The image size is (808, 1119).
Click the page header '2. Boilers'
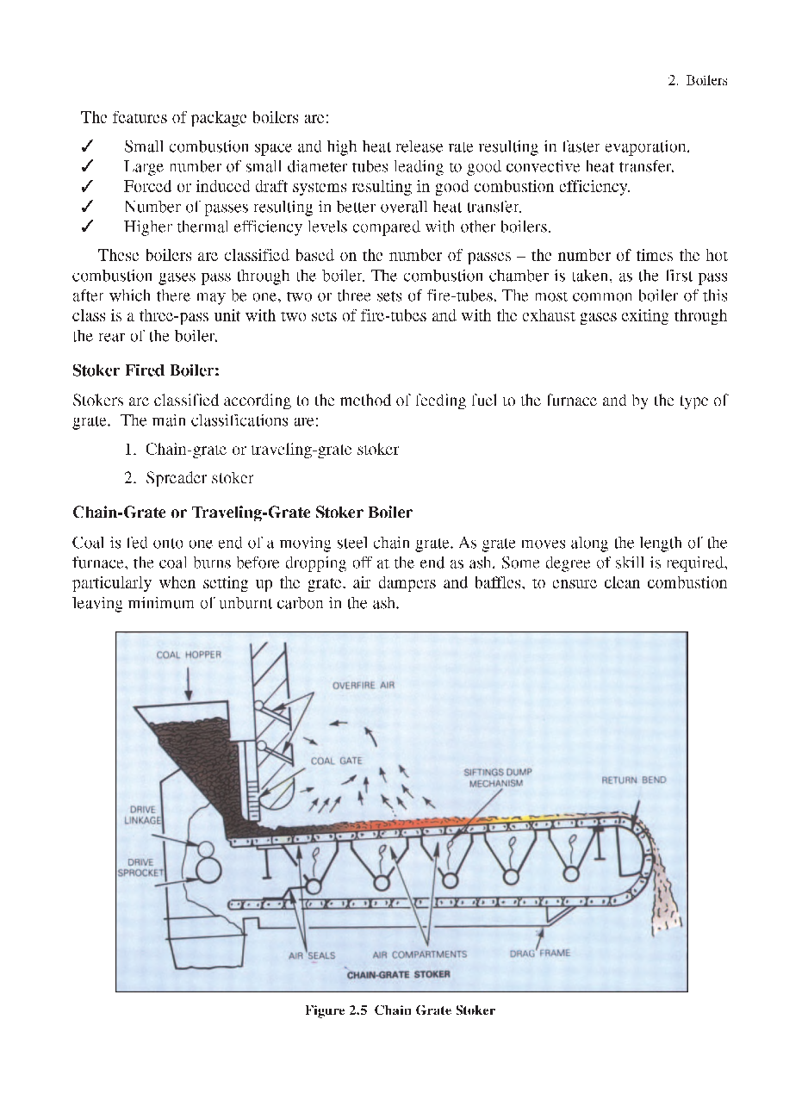[x=697, y=80]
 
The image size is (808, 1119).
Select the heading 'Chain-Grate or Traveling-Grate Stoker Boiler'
[x=242, y=513]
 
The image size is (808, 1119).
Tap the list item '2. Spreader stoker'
[x=189, y=477]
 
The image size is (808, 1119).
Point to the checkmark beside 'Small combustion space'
[x=87, y=146]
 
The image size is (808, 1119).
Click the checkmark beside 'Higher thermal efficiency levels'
[x=87, y=227]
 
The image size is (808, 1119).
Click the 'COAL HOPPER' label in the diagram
[x=188, y=655]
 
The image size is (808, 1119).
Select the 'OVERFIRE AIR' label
[x=363, y=686]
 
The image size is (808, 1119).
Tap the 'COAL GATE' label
[x=336, y=761]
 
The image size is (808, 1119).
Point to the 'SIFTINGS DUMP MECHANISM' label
[x=497, y=778]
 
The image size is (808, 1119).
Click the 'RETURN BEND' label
[x=633, y=780]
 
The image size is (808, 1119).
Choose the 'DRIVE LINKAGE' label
[x=144, y=815]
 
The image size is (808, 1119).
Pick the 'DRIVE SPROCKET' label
[x=140, y=867]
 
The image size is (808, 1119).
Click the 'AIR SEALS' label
[x=311, y=954]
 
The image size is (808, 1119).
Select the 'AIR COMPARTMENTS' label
[x=420, y=954]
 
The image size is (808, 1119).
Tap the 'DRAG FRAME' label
[x=539, y=954]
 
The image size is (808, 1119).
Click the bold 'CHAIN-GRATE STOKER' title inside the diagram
[x=398, y=974]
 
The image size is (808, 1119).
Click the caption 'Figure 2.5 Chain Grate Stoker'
[x=400, y=1010]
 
